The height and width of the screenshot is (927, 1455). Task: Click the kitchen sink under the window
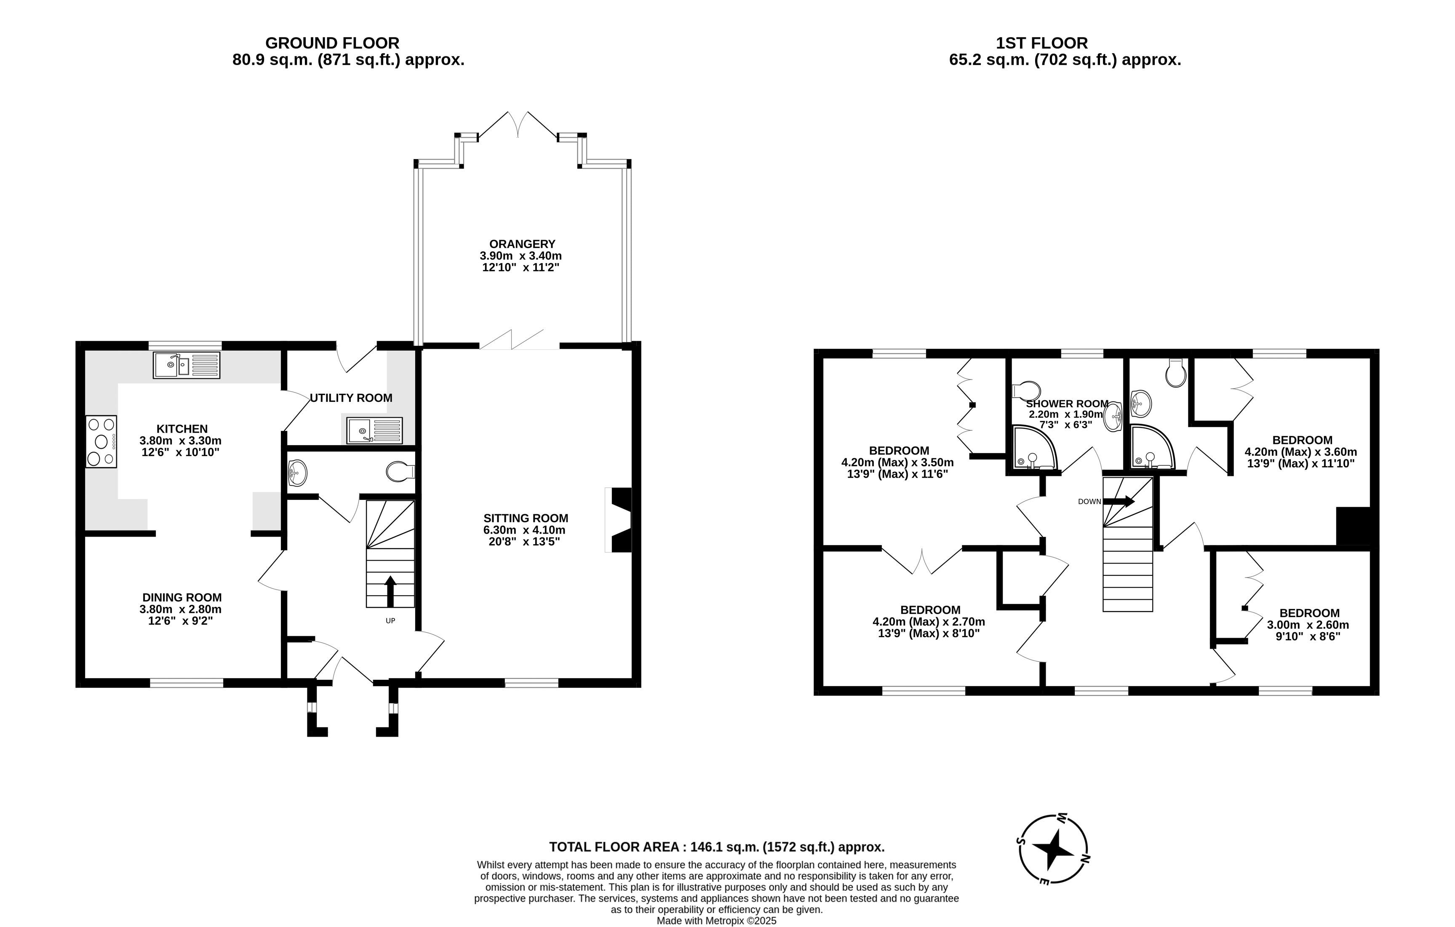[186, 365]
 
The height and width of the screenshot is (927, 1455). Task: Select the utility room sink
[374, 430]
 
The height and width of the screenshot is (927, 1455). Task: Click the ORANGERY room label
[522, 244]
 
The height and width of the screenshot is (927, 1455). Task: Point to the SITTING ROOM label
[526, 518]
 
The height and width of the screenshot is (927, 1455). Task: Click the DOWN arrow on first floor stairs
[1119, 501]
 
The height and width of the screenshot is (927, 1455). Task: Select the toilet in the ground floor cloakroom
[400, 471]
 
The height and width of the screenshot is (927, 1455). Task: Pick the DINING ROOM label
[182, 598]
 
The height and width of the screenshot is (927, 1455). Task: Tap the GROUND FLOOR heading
[332, 43]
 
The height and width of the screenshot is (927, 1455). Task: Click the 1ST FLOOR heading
[1042, 43]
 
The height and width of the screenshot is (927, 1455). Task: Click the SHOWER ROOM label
[1067, 403]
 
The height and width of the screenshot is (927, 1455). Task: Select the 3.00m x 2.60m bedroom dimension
[1308, 625]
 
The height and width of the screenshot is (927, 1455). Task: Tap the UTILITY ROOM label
[351, 398]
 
